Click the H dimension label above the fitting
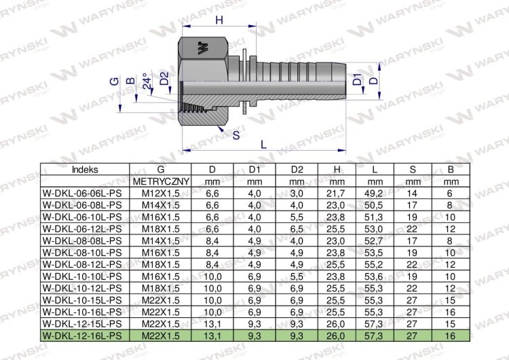click(219, 20)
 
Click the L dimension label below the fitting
click(263, 143)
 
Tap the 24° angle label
click(146, 82)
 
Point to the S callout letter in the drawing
click(235, 135)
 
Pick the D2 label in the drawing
click(164, 79)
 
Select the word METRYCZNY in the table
click(161, 182)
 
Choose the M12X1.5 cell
click(161, 194)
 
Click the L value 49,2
click(375, 194)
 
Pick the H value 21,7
click(337, 194)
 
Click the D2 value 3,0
click(297, 194)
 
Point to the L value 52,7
click(375, 240)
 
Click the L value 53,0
click(375, 229)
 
